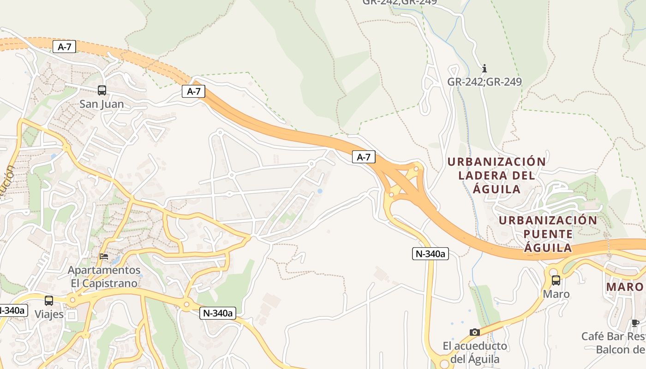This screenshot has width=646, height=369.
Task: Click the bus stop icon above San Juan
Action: [x=102, y=90]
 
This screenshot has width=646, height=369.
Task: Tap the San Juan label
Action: [x=102, y=104]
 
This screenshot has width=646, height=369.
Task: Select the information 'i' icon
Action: [x=484, y=69]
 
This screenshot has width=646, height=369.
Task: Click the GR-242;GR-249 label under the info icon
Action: [x=484, y=82]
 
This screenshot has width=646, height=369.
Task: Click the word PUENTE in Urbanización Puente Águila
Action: [x=548, y=234]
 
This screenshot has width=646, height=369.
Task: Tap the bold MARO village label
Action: [x=624, y=287]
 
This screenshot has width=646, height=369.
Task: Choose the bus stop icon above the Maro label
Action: [x=556, y=280]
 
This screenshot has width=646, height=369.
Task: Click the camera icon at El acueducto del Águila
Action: [x=474, y=332]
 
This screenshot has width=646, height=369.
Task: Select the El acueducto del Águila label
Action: [x=475, y=352]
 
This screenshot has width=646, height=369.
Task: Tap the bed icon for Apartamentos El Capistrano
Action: [x=104, y=256]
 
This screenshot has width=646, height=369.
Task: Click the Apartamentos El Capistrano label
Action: [x=104, y=276]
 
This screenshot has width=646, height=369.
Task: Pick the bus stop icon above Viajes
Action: [x=49, y=301]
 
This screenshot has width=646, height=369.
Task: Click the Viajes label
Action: [x=49, y=314]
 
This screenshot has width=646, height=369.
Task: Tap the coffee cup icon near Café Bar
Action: [x=635, y=323]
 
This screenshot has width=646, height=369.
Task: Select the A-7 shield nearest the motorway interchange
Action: [x=364, y=157]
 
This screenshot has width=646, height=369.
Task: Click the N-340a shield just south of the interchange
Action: [x=430, y=253]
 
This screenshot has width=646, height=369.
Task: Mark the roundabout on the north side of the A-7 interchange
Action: [x=416, y=169]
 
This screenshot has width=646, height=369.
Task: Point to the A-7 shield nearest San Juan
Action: [x=64, y=46]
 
